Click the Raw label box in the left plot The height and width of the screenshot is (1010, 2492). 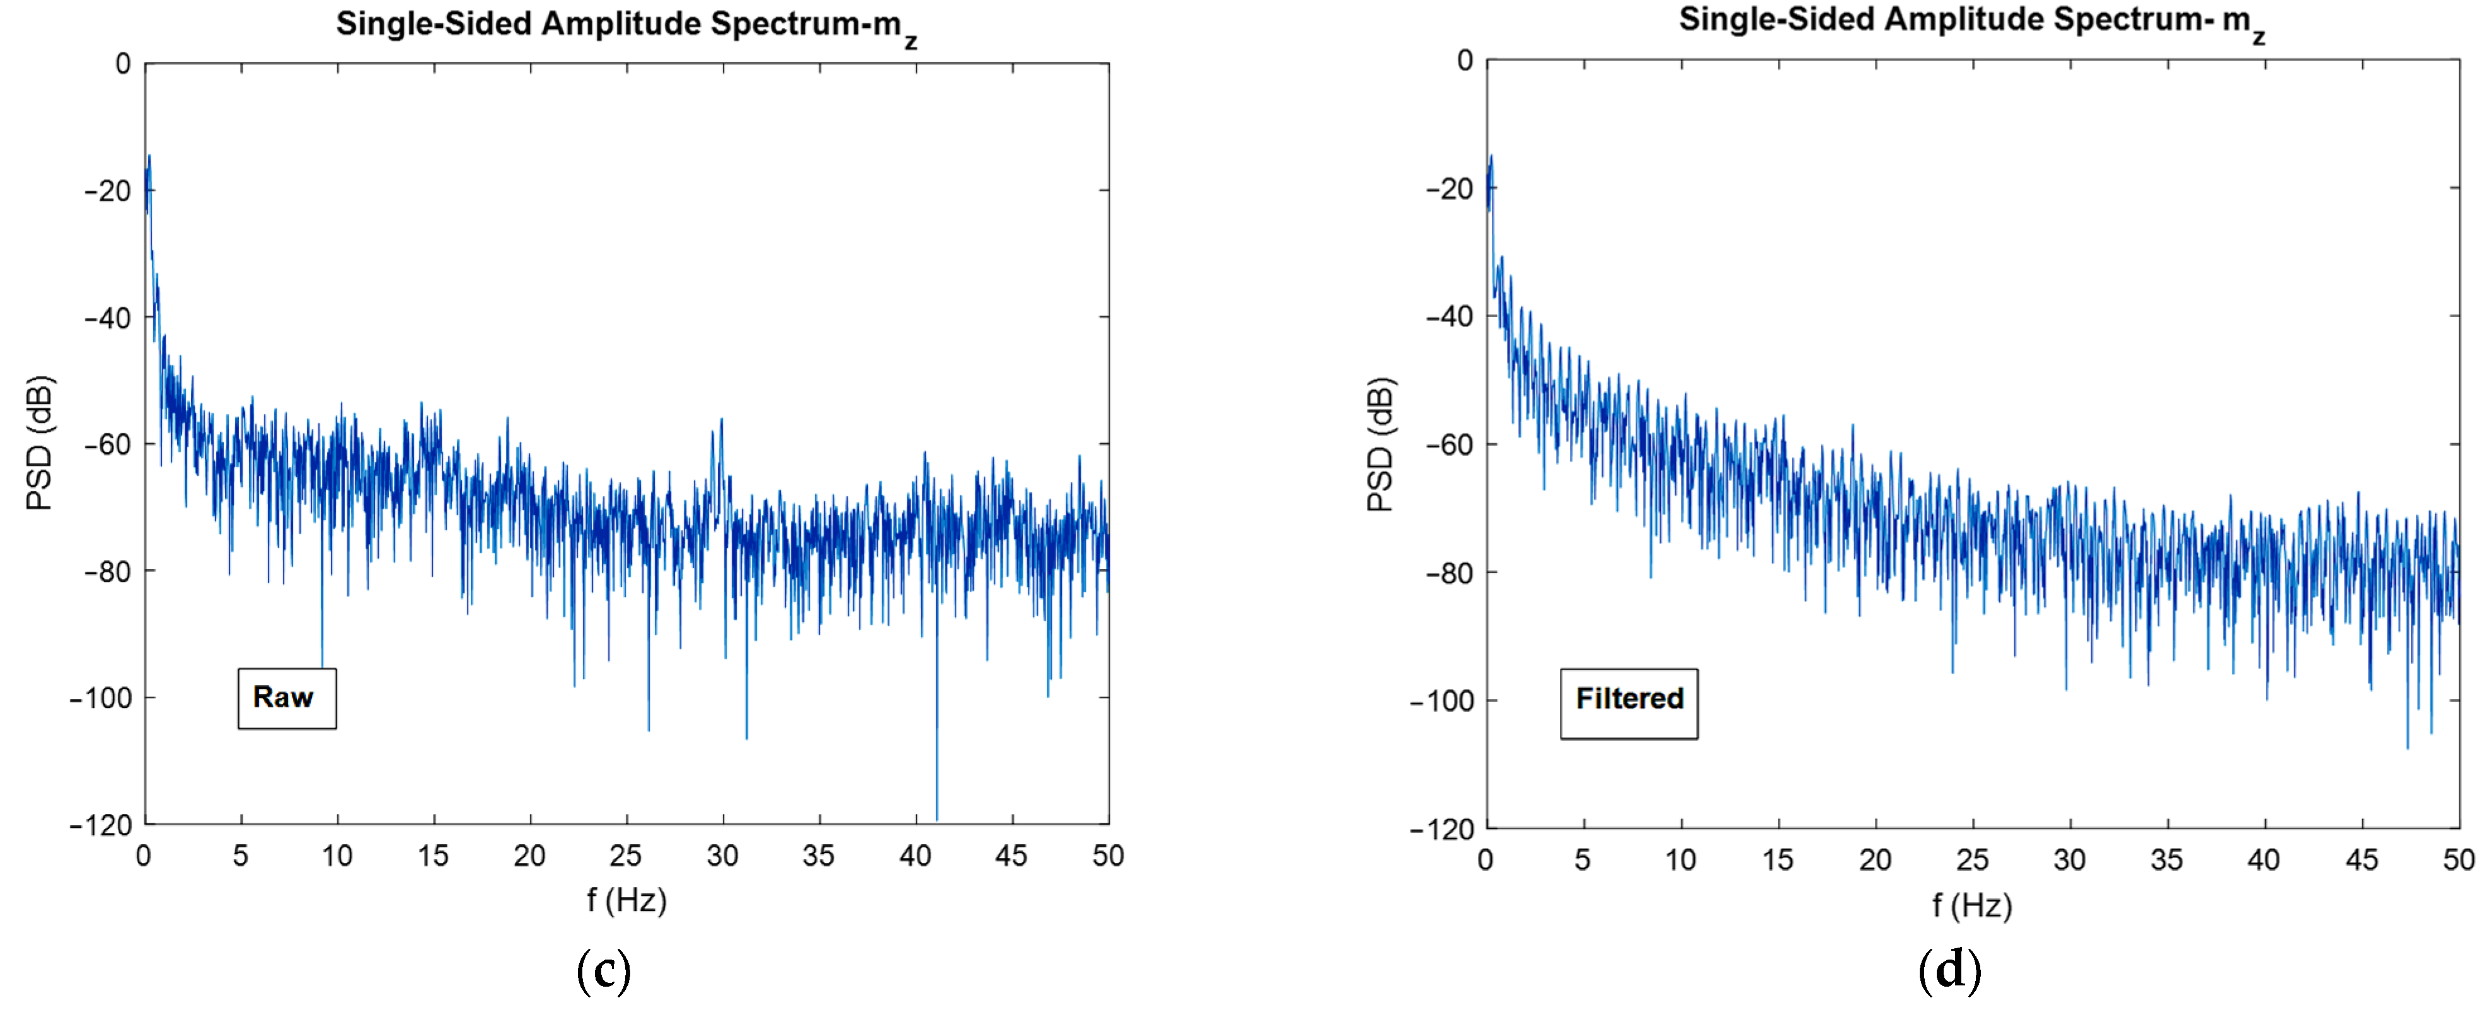click(x=286, y=697)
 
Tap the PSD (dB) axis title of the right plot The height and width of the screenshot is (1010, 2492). click(x=1380, y=444)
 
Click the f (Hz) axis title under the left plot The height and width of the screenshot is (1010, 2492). click(x=626, y=900)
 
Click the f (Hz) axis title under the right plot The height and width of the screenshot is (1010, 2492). click(x=1971, y=905)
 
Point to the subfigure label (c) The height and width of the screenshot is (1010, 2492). click(x=604, y=970)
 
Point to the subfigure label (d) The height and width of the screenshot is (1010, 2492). click(x=1949, y=970)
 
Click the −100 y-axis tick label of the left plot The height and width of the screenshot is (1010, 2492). click(x=101, y=697)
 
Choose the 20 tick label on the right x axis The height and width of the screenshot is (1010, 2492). click(x=1875, y=860)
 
